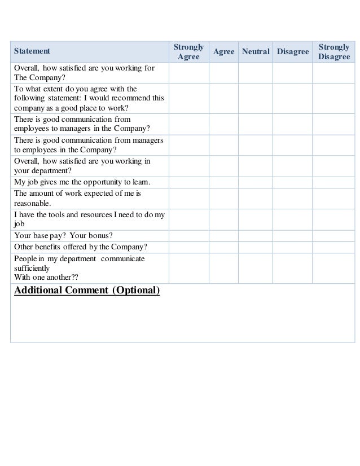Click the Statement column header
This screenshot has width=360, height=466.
click(32, 51)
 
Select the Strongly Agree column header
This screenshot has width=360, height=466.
click(188, 51)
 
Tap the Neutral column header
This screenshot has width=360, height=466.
click(256, 51)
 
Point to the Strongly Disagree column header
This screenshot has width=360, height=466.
click(333, 51)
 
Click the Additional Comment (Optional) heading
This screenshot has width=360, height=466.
click(87, 291)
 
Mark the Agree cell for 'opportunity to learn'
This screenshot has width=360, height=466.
click(223, 182)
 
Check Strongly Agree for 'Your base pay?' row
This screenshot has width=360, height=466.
click(188, 235)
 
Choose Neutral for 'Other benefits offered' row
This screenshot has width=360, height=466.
click(256, 248)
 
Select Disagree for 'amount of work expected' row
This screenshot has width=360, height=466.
click(293, 198)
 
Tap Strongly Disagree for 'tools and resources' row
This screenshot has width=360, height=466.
click(333, 219)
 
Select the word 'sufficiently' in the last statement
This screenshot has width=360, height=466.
click(32, 269)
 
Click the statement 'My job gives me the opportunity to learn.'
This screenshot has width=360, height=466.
click(82, 182)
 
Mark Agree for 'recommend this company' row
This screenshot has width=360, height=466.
click(223, 98)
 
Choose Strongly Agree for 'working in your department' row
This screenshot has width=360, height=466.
click(188, 166)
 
